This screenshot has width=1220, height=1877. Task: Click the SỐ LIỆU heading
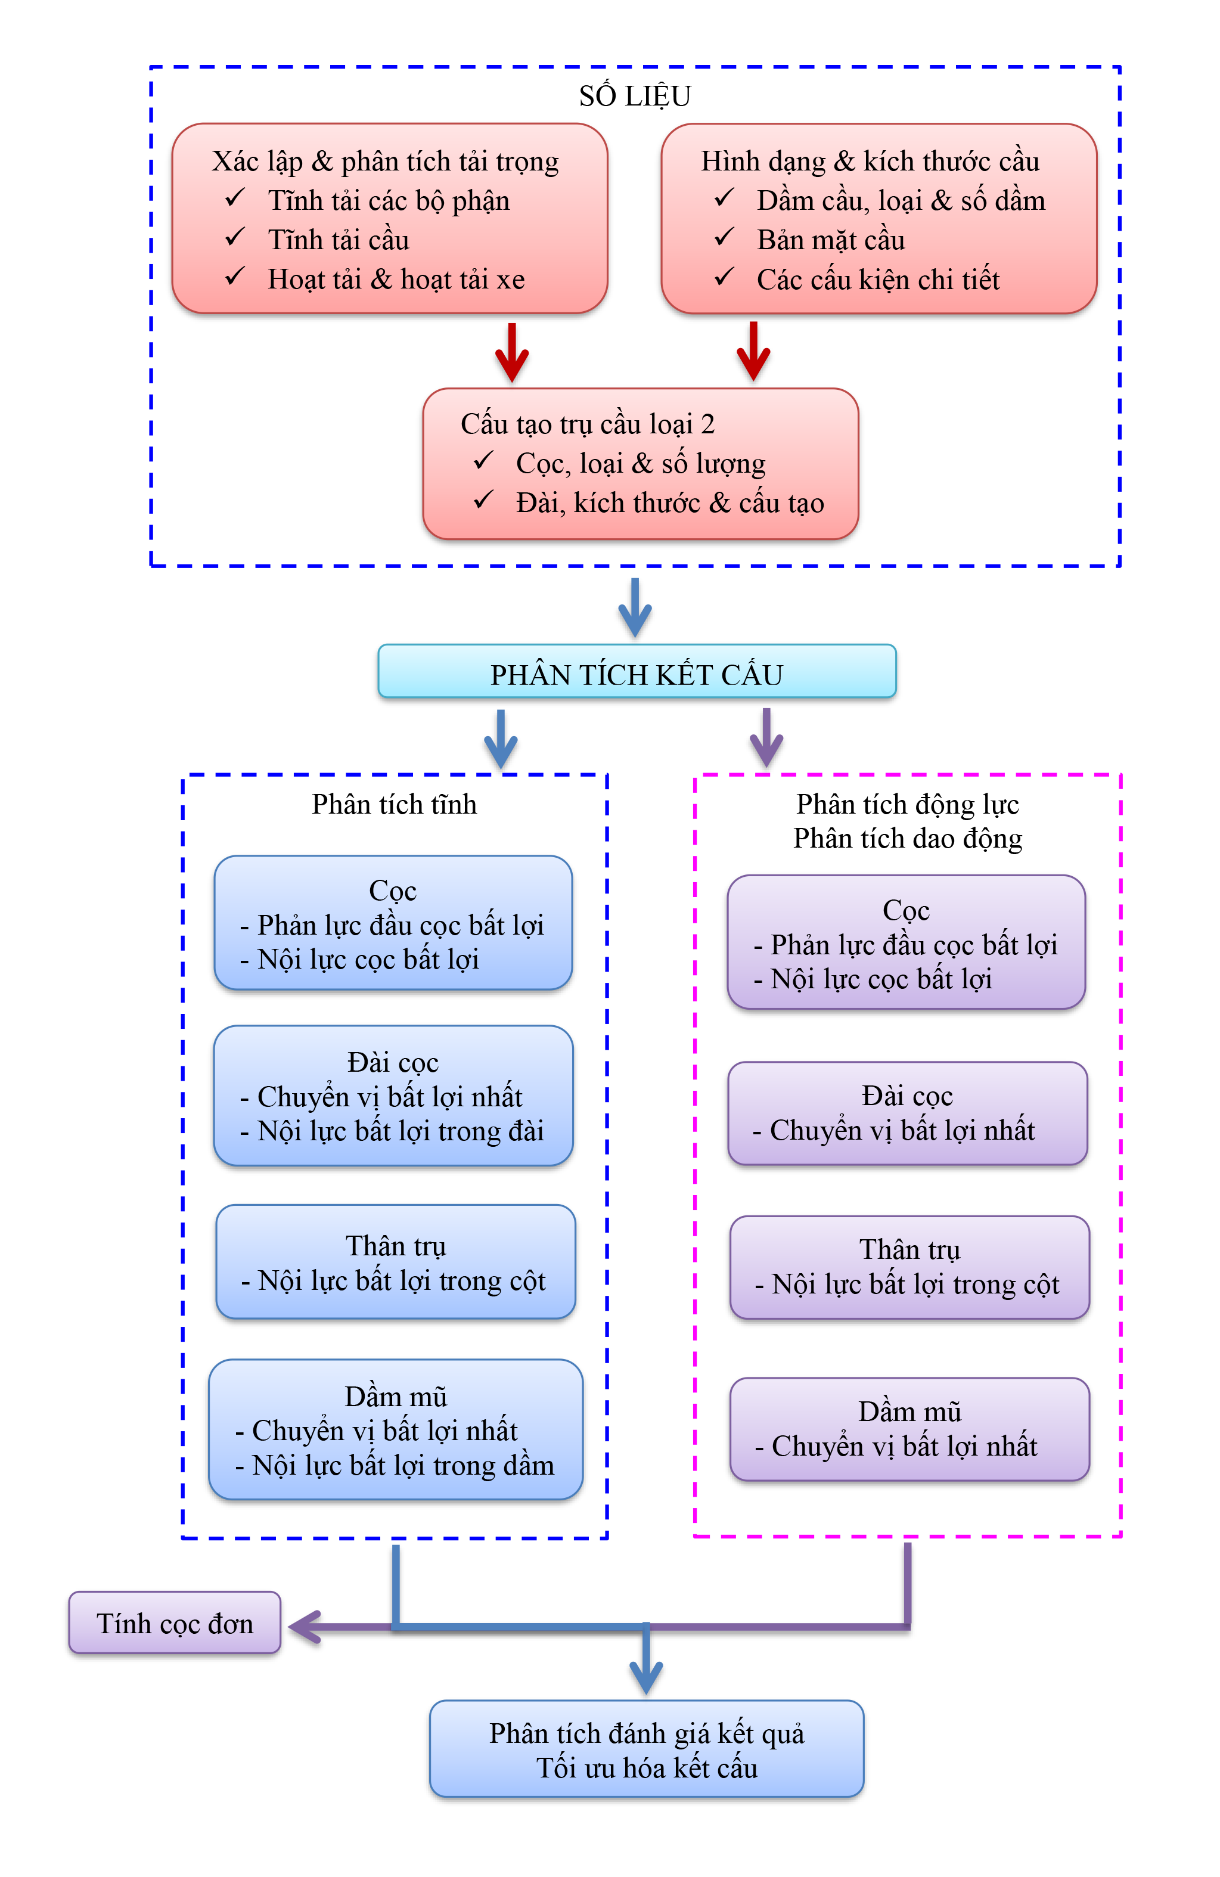tap(634, 96)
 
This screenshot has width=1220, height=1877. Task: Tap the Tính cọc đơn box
tap(174, 1623)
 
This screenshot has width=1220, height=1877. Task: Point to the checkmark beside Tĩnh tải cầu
tap(234, 237)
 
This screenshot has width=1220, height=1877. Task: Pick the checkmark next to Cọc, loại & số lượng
tap(483, 461)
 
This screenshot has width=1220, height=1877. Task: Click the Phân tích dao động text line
tap(907, 838)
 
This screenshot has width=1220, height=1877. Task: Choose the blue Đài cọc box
tap(393, 1096)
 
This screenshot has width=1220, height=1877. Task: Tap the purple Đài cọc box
tap(907, 1113)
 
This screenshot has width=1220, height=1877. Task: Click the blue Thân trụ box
tap(395, 1262)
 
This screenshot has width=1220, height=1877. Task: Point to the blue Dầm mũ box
tap(395, 1430)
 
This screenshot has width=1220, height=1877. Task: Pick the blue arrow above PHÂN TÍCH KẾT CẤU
tap(634, 608)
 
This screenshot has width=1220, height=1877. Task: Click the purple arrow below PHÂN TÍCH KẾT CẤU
tap(765, 738)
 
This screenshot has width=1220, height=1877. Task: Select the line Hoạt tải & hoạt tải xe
tap(396, 279)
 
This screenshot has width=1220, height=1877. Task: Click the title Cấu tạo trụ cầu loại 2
tap(588, 424)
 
